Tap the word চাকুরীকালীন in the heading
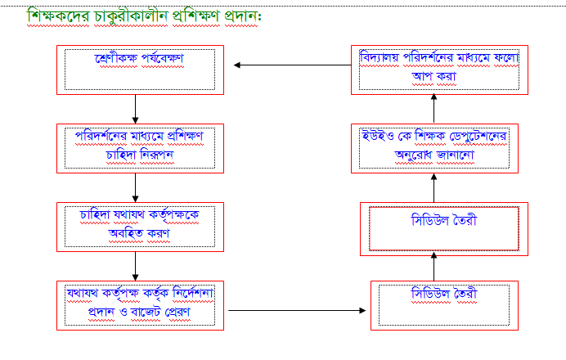point(135,16)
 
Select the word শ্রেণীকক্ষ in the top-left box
point(117,59)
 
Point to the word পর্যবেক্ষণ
point(162,59)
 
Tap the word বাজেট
point(142,313)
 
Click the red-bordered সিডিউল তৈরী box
point(444,228)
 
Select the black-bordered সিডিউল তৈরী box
point(444,304)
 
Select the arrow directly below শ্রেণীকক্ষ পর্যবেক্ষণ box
point(135,107)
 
